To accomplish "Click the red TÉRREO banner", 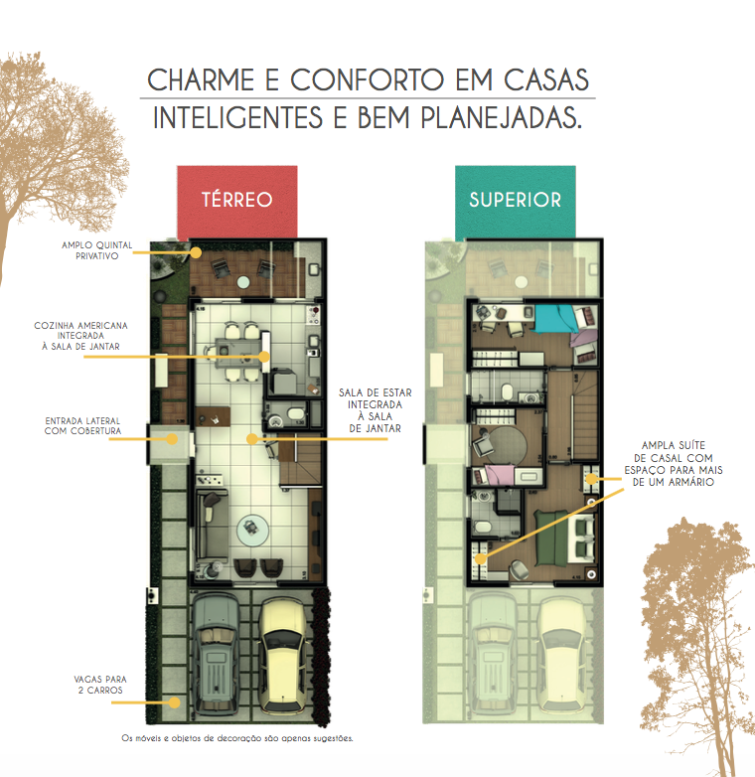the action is coord(237,201).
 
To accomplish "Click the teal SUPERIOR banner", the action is coord(516,201).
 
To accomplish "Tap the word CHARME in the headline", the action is coord(201,80).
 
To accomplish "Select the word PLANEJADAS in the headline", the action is coord(501,118).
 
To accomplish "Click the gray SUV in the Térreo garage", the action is coord(216,655).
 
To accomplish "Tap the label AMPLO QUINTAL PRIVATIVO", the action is coord(97,250).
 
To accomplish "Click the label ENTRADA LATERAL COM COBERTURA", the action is coord(82,425).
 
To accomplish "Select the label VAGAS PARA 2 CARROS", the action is coord(100,685).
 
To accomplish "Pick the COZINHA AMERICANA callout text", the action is coord(80,336).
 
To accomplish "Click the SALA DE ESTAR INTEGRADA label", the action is coord(376,410).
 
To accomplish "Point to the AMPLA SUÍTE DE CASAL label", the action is coord(674,463).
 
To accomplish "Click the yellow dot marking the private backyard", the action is coord(196,252).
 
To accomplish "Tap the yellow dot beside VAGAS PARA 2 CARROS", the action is coord(174,702).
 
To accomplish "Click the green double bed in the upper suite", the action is coord(552,539).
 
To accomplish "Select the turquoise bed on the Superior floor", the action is coord(556,318).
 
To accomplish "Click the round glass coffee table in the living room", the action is coord(252,530).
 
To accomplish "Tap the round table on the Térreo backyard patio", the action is coord(243,282).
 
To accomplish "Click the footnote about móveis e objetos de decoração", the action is coord(237,738).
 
